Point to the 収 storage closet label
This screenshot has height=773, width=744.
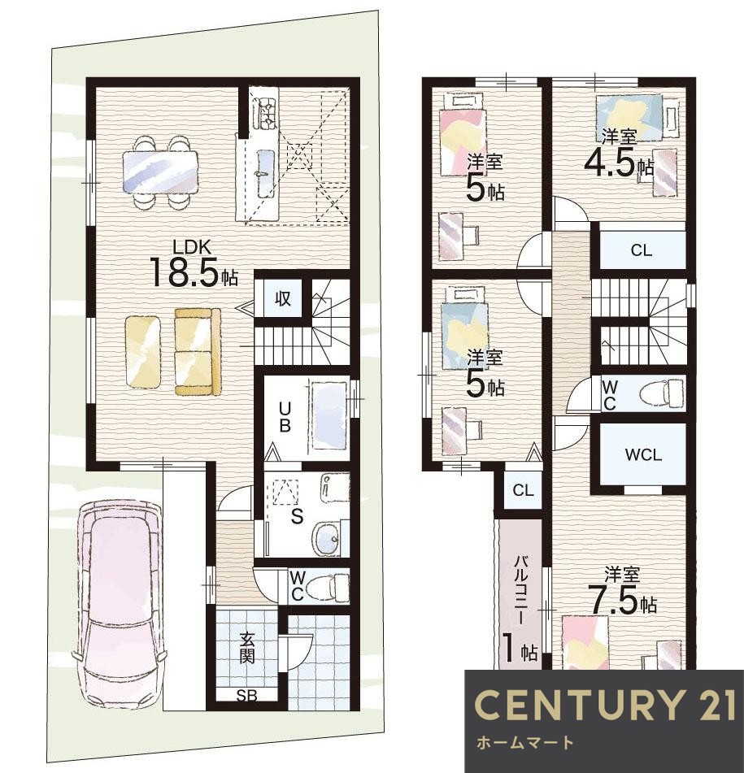coord(282,299)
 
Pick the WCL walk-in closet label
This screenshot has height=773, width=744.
coord(643,455)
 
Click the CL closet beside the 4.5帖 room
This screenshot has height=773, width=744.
coord(642,250)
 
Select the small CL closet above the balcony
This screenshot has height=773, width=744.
coord(523,490)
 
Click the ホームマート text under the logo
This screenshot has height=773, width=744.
coord(524,742)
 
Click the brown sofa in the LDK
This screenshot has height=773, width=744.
coord(198,351)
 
